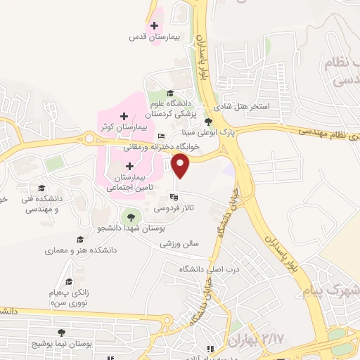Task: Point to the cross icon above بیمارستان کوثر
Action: click(x=124, y=115)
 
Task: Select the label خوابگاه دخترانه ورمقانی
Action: click(x=163, y=147)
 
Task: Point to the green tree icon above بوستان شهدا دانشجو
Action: click(x=129, y=216)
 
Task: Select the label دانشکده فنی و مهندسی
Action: click(x=42, y=203)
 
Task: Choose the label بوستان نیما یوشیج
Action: click(x=63, y=344)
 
